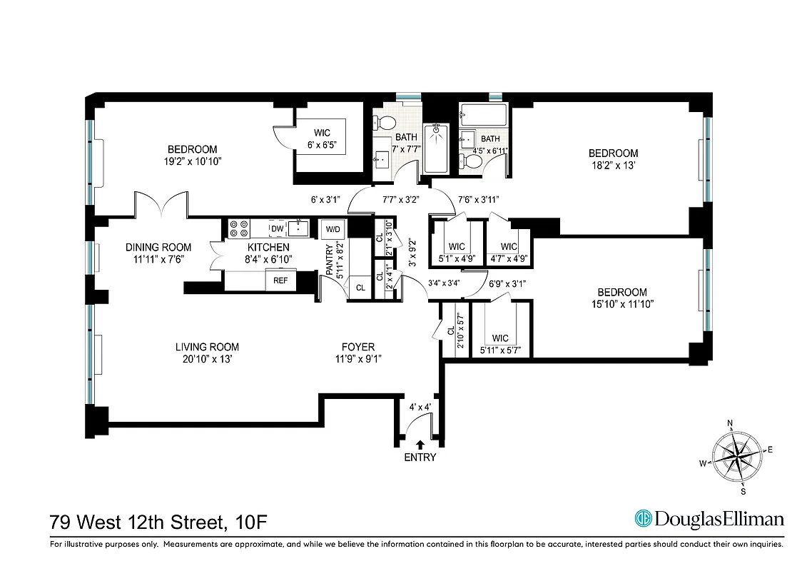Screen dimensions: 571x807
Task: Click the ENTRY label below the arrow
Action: click(x=420, y=458)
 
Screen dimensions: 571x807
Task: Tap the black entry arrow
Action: click(x=420, y=445)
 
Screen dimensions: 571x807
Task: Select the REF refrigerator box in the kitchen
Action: click(x=281, y=281)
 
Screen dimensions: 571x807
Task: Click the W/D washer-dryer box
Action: click(x=333, y=229)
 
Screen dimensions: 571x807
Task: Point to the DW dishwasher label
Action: click(x=277, y=228)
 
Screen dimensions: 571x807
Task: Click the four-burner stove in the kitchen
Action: click(x=238, y=228)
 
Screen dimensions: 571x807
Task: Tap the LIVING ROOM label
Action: click(x=207, y=348)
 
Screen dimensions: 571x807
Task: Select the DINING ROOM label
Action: click(x=158, y=247)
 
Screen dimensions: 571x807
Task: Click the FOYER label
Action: click(x=357, y=348)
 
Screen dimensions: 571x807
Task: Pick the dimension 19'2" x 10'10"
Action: click(x=192, y=161)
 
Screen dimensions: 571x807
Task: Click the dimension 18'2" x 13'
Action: click(x=613, y=166)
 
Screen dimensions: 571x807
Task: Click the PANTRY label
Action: click(x=329, y=261)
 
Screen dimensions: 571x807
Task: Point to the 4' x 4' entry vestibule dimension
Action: click(x=420, y=408)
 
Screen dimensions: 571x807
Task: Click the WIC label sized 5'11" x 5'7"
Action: click(x=500, y=338)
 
